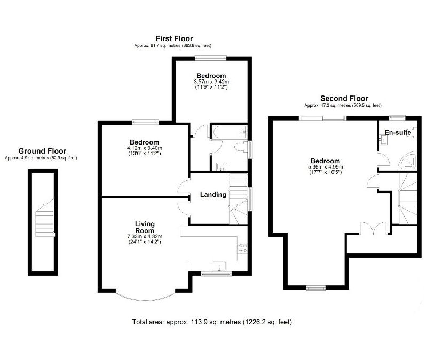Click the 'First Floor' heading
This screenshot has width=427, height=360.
174,38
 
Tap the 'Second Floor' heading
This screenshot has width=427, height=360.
344,98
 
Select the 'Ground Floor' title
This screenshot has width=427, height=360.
42,151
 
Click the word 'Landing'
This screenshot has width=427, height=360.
213,195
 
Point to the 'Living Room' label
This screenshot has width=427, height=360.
144,227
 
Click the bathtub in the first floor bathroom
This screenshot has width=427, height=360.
227,131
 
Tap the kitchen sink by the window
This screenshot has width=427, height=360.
219,267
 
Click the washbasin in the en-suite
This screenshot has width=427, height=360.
383,140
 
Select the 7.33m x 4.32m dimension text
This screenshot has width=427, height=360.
144,236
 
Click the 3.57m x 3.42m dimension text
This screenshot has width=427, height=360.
211,82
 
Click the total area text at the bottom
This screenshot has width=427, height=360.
212,322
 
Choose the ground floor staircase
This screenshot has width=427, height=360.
42,219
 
